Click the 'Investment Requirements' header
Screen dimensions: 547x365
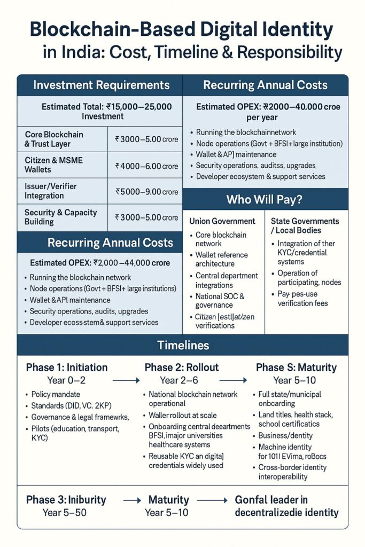[x=102, y=85]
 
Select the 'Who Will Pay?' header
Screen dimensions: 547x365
[x=265, y=199]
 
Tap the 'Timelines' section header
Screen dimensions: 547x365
[x=182, y=345]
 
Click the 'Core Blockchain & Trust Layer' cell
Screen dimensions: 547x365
[x=54, y=139]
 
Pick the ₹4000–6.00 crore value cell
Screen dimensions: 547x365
[x=146, y=166]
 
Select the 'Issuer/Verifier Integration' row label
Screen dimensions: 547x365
[x=51, y=191]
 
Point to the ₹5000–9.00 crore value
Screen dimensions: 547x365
[x=146, y=192]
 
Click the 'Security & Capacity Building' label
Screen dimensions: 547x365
[x=61, y=217]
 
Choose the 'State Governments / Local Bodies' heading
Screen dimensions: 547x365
[x=305, y=225]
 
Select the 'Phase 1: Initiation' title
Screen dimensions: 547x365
[x=67, y=368]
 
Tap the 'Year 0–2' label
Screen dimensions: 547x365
[x=66, y=380]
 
